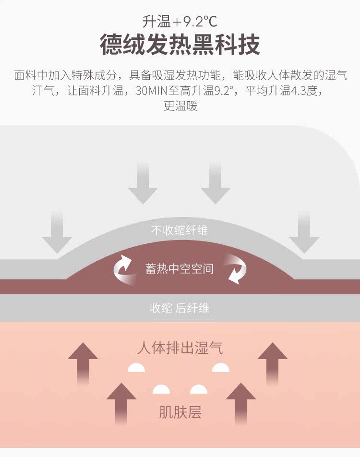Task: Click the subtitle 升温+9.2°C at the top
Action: tap(180, 22)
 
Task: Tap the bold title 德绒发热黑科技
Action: tap(180, 45)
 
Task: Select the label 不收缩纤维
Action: tap(180, 230)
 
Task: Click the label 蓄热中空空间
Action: tap(180, 269)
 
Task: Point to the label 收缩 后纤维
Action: tap(180, 308)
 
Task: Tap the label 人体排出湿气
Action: tap(180, 347)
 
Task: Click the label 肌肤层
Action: tap(180, 412)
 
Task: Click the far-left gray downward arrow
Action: tap(57, 233)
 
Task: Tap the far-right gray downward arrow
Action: tap(304, 233)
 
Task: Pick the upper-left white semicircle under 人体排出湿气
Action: tap(136, 368)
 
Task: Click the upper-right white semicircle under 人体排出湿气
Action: tap(221, 368)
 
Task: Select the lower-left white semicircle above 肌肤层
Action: tap(161, 389)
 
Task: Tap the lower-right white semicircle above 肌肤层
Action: tap(199, 389)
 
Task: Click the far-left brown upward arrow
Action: tap(83, 362)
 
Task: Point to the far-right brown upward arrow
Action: tap(273, 362)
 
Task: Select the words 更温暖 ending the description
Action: tap(180, 106)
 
